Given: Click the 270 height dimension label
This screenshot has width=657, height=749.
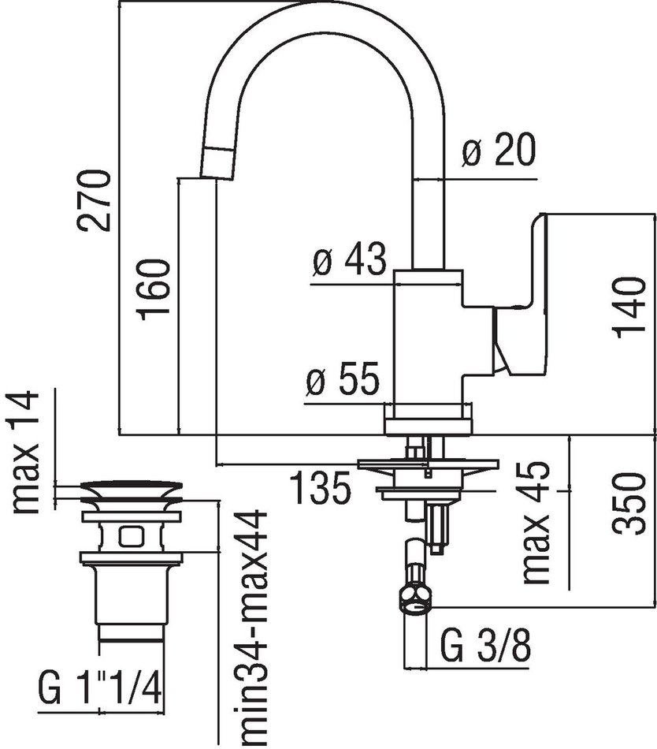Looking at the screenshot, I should click(95, 199).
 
